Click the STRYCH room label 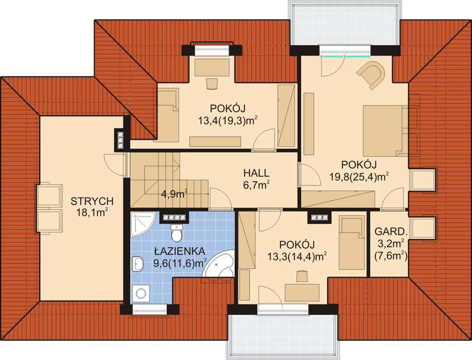click(92, 201)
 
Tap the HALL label click(256, 173)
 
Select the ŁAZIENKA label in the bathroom click(180, 251)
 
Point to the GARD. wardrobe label click(390, 232)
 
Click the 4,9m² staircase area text click(175, 194)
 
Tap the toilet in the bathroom click(176, 232)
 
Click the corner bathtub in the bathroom click(218, 263)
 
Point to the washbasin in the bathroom click(137, 264)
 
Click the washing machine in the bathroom click(140, 293)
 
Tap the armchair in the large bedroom click(372, 74)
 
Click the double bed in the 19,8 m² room click(385, 131)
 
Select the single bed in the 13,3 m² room click(351, 242)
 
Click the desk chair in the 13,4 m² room click(212, 83)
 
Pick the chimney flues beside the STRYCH click(121, 140)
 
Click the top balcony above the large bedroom click(345, 23)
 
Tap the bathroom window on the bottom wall click(149, 310)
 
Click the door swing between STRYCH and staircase click(115, 165)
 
